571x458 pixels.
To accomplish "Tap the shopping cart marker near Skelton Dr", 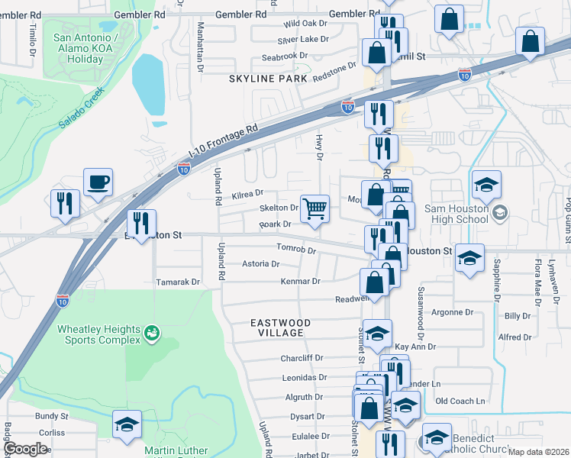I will (x=315, y=208).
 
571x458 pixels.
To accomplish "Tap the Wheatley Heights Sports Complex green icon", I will (x=152, y=333).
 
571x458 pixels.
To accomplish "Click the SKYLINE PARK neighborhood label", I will (x=268, y=79).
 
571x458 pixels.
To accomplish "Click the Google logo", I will (x=25, y=448).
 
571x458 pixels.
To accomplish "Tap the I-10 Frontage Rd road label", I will (x=224, y=139).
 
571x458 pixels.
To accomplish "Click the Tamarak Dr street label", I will (x=177, y=282).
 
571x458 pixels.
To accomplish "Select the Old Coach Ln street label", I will (x=460, y=401).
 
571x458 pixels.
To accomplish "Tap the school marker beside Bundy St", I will (x=127, y=424).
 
